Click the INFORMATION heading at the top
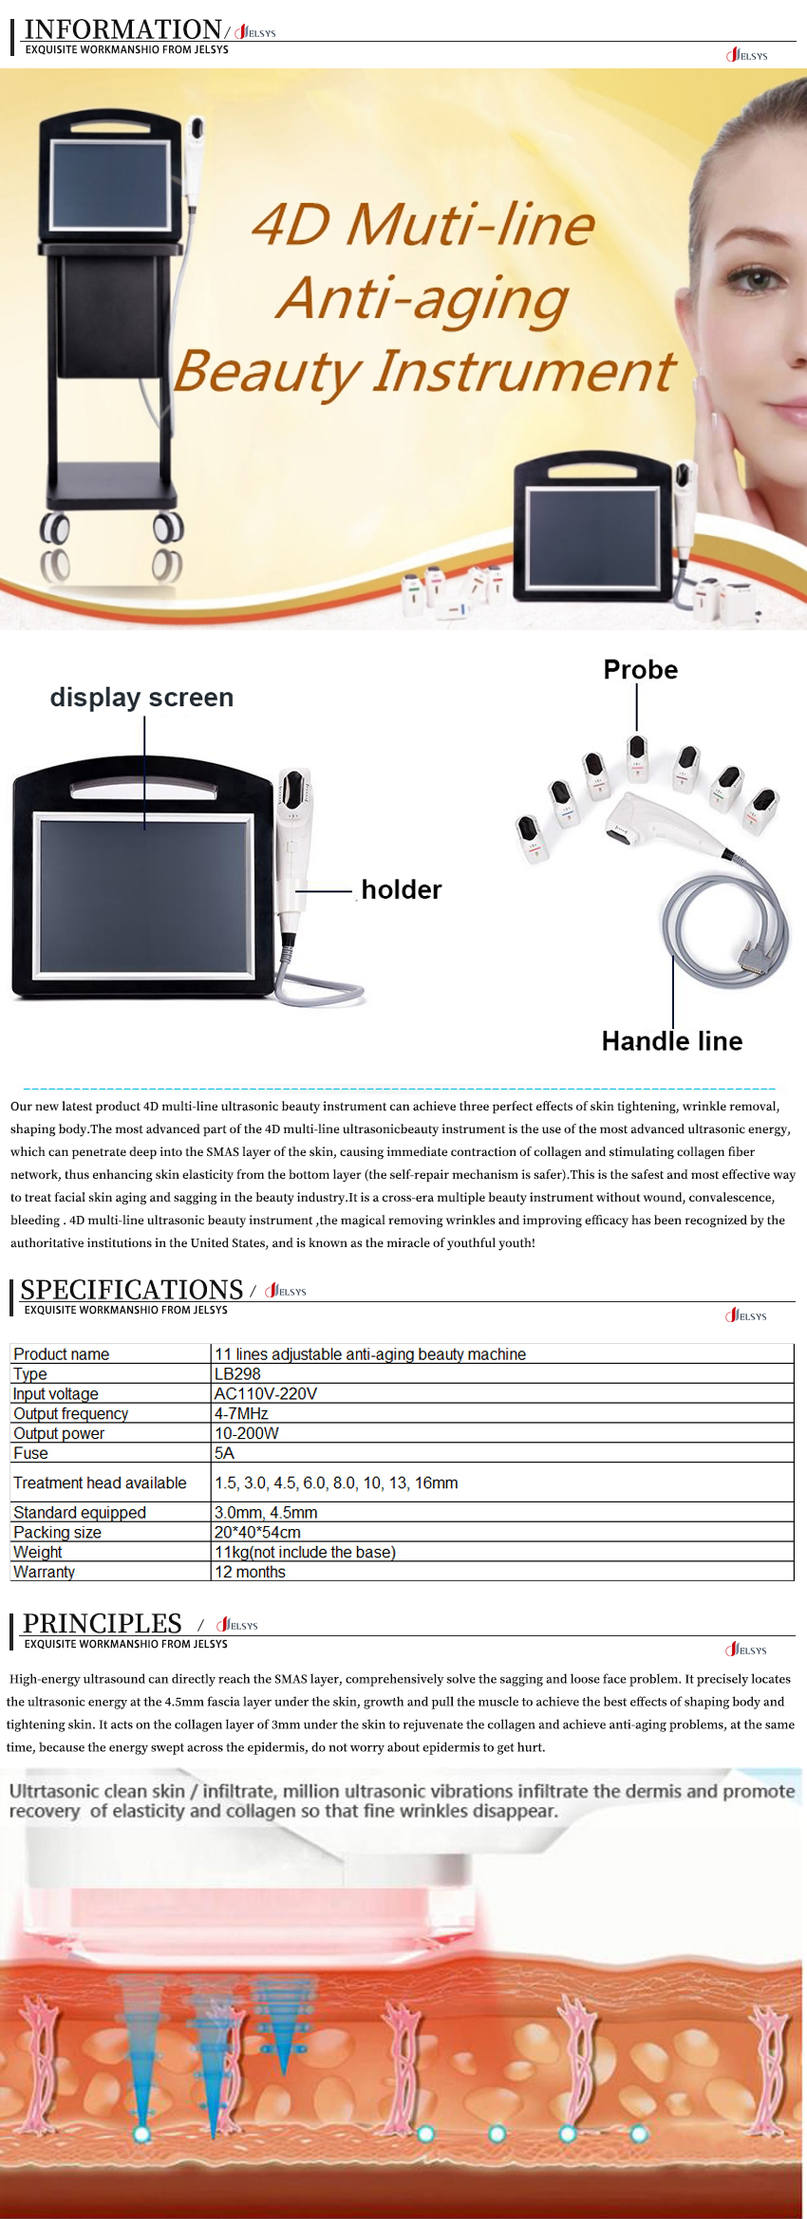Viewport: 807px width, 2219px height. click(x=122, y=29)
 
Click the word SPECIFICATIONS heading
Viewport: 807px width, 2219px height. click(x=132, y=1290)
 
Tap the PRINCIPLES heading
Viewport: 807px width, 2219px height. click(x=103, y=1624)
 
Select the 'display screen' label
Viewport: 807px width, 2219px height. click(x=141, y=698)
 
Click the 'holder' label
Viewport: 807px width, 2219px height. click(x=402, y=890)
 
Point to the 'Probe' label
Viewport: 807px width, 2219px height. click(x=641, y=670)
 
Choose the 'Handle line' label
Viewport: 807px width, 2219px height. click(x=672, y=1041)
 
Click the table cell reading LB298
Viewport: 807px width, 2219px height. click(x=237, y=1374)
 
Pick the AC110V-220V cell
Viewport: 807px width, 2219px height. click(x=266, y=1394)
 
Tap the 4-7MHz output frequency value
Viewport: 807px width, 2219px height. click(x=241, y=1414)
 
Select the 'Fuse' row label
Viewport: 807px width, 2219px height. click(x=30, y=1453)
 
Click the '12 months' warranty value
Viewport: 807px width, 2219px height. click(x=250, y=1572)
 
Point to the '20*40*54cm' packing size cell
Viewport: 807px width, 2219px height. click(x=257, y=1532)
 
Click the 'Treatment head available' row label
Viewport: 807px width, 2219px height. click(x=100, y=1482)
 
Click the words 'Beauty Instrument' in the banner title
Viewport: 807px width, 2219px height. click(x=424, y=371)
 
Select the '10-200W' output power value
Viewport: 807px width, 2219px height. click(x=247, y=1433)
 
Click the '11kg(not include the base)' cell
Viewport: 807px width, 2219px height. click(x=305, y=1552)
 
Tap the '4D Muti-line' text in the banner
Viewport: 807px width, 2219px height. click(x=423, y=225)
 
